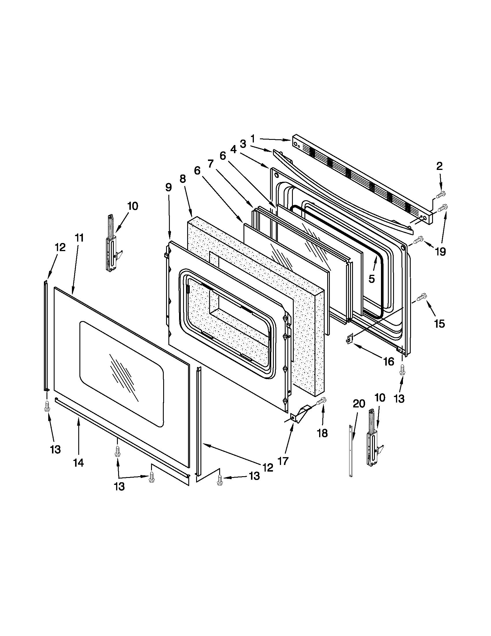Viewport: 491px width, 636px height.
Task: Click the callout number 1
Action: [252, 139]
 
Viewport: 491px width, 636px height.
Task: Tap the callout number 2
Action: [439, 166]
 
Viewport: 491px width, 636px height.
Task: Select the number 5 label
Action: [371, 279]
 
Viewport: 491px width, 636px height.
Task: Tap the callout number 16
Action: [388, 361]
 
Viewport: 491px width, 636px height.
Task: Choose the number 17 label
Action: [283, 461]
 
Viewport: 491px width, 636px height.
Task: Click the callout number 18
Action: [323, 433]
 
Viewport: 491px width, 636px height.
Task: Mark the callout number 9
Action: [168, 187]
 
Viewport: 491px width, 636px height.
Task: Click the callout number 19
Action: [440, 251]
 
